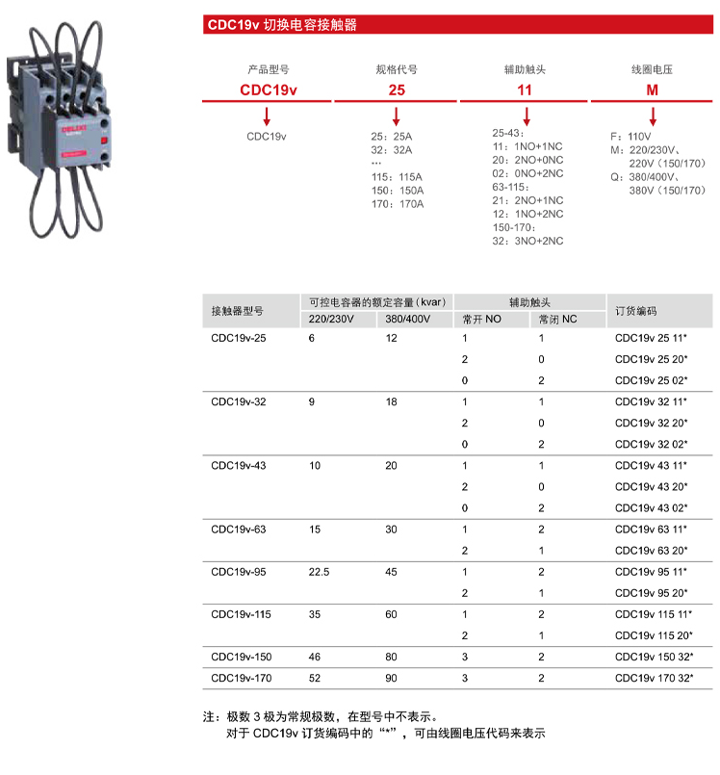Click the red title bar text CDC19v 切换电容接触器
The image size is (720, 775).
click(281, 25)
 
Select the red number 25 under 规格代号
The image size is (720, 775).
click(396, 90)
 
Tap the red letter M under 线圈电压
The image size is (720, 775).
click(652, 90)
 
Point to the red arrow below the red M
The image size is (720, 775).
click(652, 116)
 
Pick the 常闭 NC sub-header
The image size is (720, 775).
click(557, 320)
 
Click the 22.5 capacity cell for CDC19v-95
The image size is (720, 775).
click(319, 572)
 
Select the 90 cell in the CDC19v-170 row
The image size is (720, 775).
click(391, 679)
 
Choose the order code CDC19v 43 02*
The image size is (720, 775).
click(651, 508)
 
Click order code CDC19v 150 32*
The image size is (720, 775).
click(653, 658)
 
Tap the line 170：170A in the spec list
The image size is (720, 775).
click(398, 203)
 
